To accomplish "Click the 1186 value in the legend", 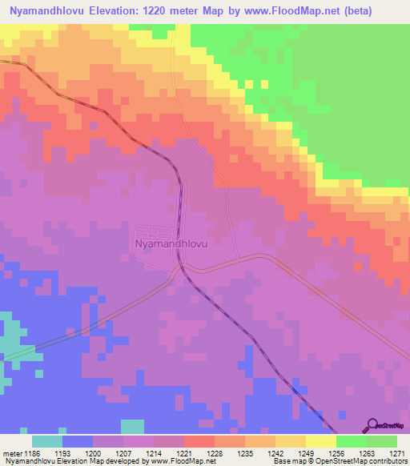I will click(x=33, y=453).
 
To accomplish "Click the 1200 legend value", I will click(x=94, y=453).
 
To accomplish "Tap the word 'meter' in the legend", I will click(x=12, y=453).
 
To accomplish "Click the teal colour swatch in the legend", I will click(x=47, y=441).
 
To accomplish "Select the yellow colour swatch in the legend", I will click(x=320, y=441).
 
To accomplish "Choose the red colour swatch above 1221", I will click(x=199, y=441).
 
